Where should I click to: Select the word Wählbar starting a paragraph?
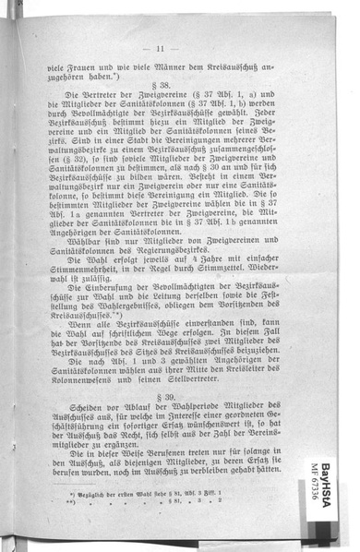(x=79, y=244)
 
